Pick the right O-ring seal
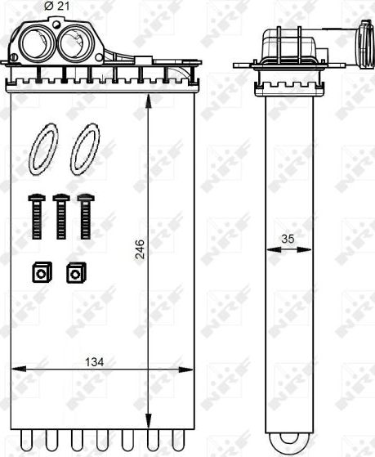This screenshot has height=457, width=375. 84,149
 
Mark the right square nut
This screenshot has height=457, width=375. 76,272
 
